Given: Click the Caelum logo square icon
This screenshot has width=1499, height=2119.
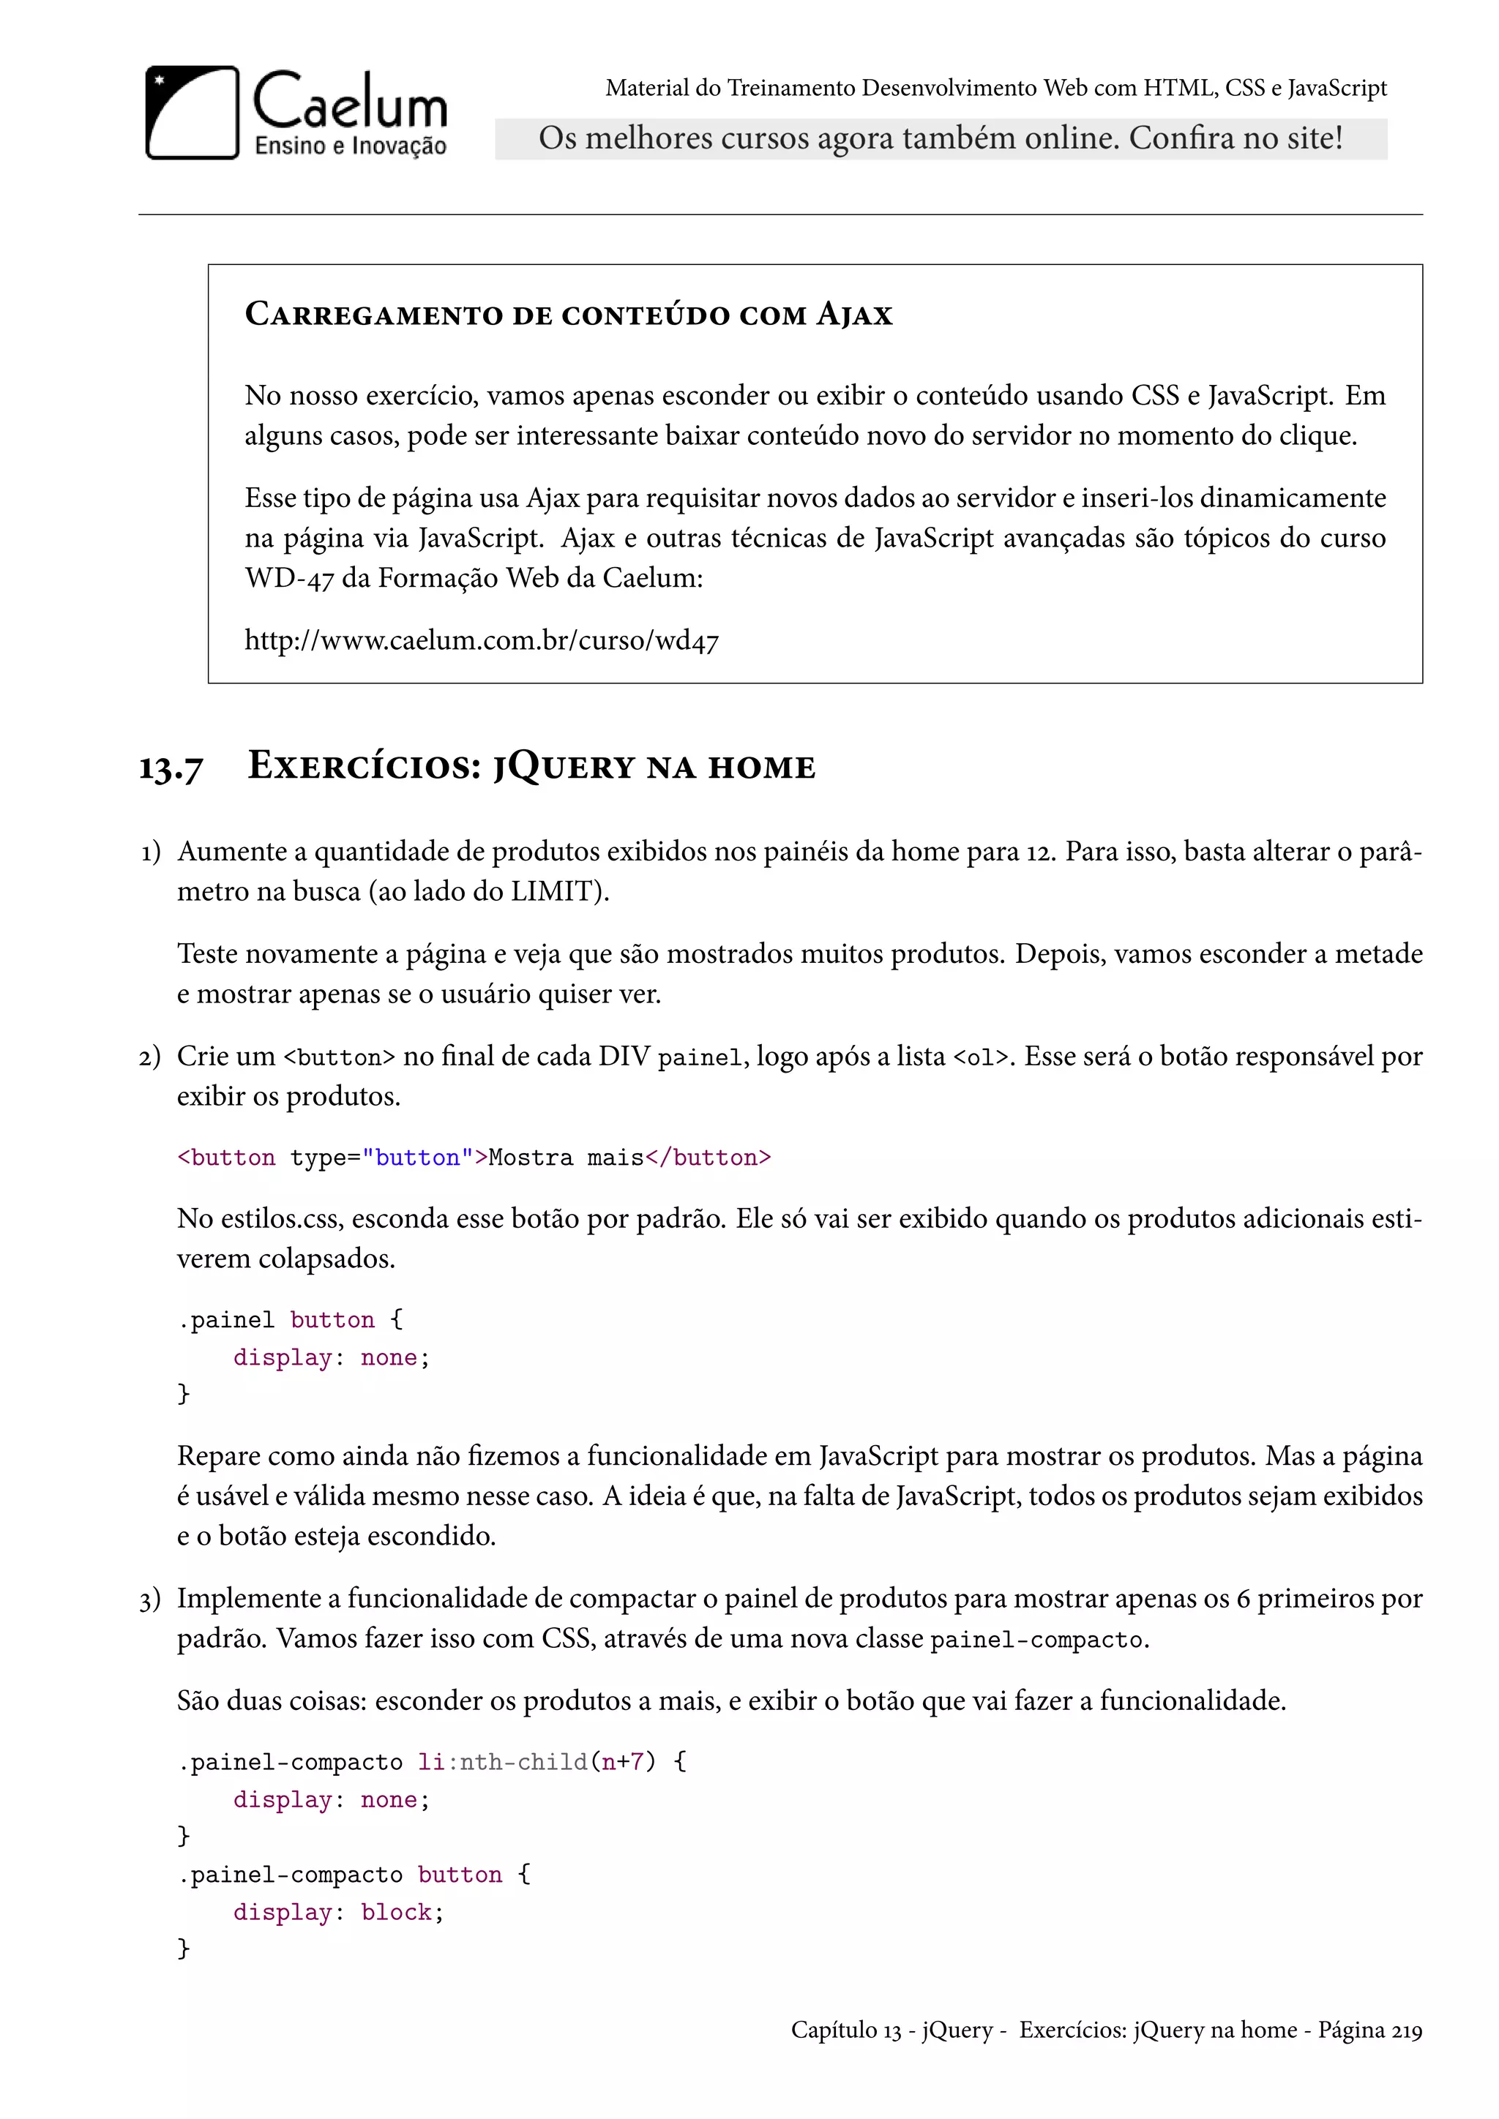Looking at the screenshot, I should (x=192, y=113).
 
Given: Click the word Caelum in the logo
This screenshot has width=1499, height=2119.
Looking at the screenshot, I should (x=350, y=102).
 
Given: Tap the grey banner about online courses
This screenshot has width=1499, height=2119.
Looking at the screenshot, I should (x=940, y=138).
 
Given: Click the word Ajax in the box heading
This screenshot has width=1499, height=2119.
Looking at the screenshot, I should (x=854, y=315).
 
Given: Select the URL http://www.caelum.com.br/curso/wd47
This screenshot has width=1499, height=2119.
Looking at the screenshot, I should (x=481, y=640).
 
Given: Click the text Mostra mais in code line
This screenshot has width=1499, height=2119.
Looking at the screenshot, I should (x=566, y=1158).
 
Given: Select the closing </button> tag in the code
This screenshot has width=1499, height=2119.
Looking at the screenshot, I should (x=708, y=1158).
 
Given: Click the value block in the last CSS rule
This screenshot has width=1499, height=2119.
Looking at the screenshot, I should (x=396, y=1912).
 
